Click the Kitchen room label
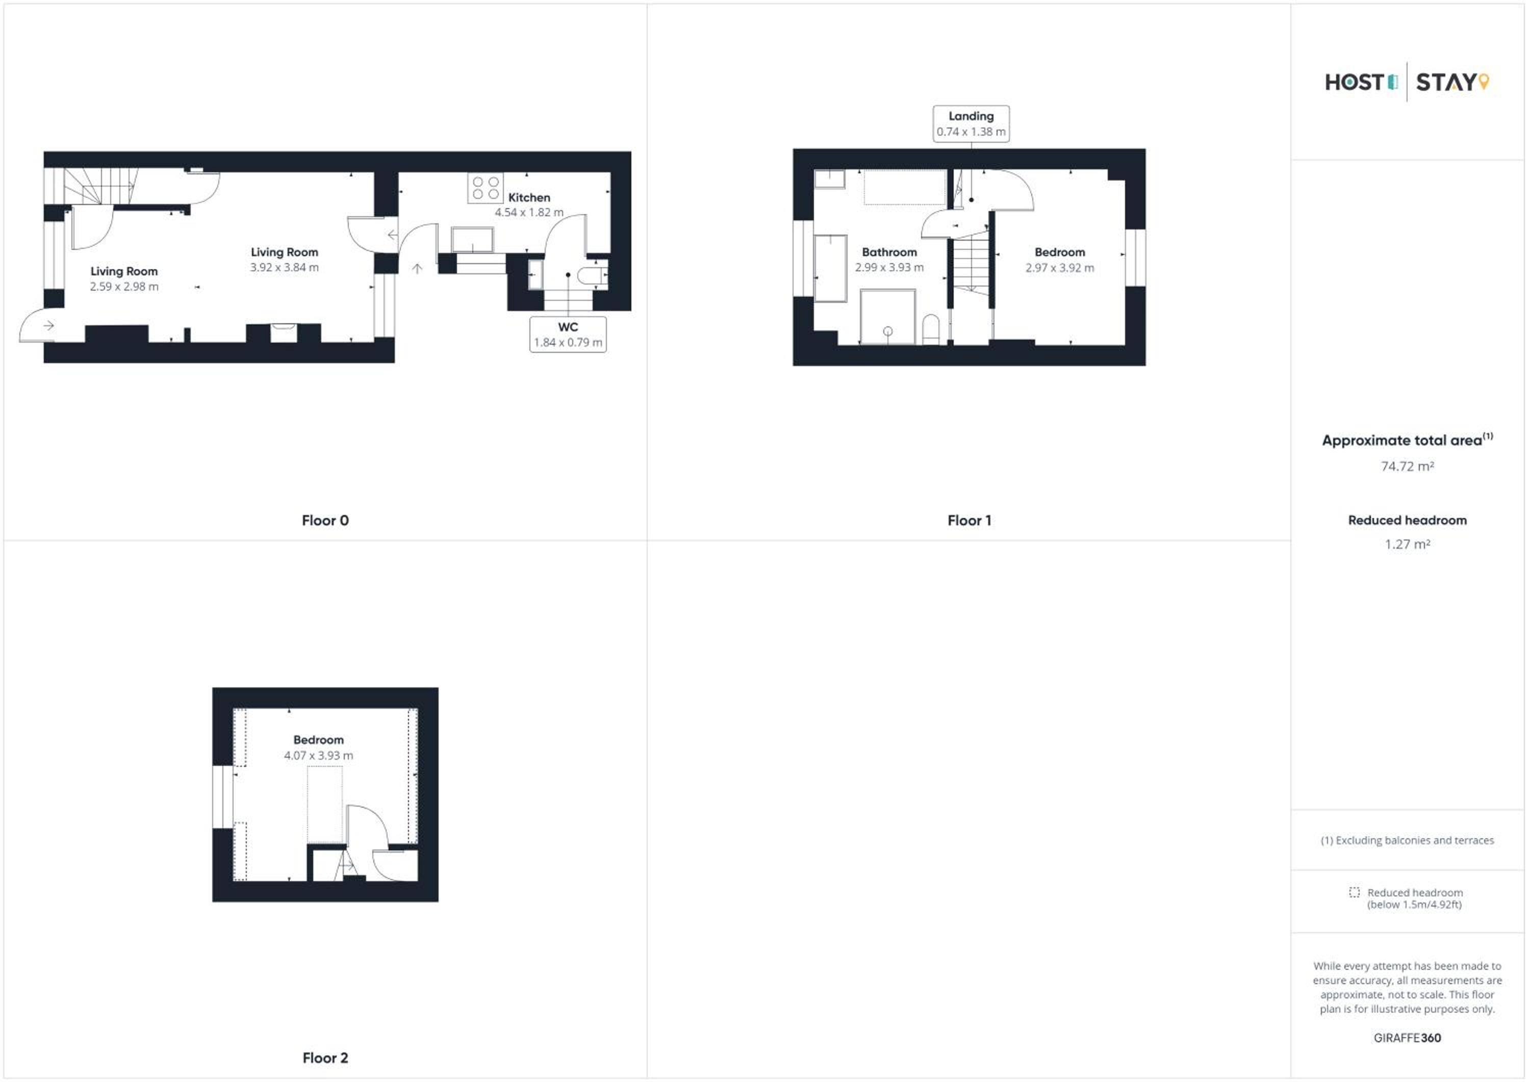point(529,198)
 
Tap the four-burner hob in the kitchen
point(485,187)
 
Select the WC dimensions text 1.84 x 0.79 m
point(568,343)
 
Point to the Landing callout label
point(971,116)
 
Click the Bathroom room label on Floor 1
point(889,252)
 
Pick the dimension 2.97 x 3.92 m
point(1060,268)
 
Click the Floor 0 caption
point(325,520)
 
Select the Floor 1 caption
point(969,520)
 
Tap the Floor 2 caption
point(325,1058)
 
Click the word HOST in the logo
point(1355,83)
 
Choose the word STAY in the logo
point(1446,83)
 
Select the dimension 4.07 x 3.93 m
point(319,756)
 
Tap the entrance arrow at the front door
point(48,326)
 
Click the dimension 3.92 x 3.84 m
point(285,268)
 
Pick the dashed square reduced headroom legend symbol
point(1354,892)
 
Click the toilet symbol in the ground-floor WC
point(592,276)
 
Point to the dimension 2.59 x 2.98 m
point(124,287)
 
